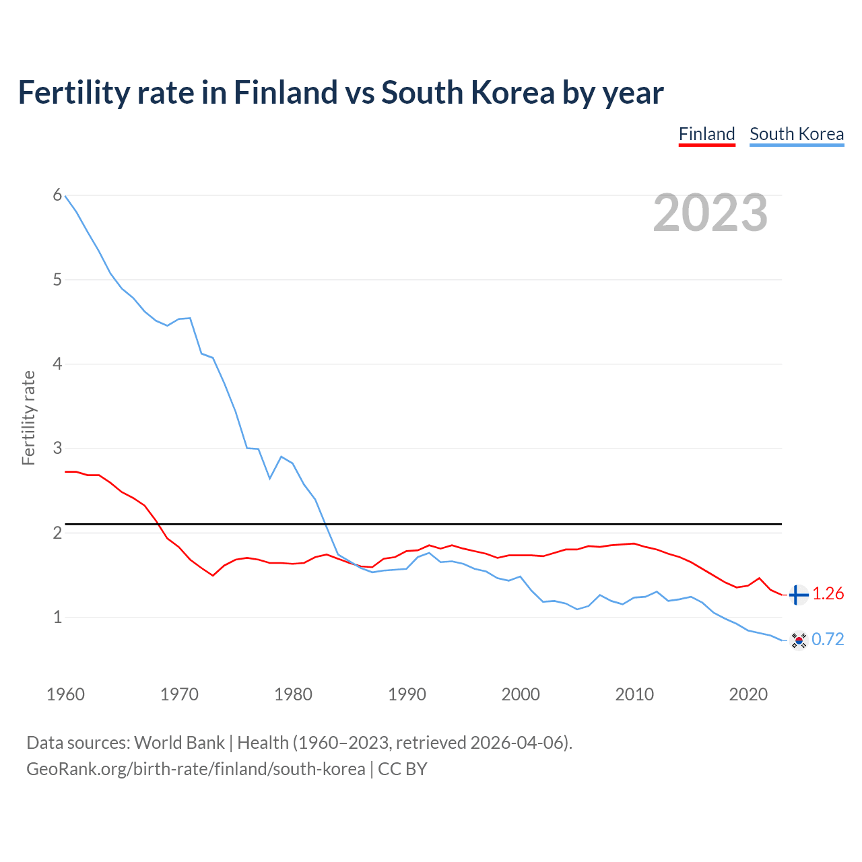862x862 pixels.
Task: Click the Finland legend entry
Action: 706,134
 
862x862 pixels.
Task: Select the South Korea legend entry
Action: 797,134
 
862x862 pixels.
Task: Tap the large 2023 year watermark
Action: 710,213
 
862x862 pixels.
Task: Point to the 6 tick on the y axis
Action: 57,195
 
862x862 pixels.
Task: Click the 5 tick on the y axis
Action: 57,279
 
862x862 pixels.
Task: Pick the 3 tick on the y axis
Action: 57,448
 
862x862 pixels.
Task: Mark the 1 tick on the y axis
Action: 57,617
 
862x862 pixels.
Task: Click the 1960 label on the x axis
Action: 65,694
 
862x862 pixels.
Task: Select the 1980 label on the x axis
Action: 293,694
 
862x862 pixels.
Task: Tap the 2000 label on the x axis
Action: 521,694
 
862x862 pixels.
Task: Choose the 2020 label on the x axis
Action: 748,694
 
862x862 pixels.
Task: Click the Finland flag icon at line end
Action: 798,595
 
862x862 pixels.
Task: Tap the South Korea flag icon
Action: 799,640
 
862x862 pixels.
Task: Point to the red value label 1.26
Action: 828,593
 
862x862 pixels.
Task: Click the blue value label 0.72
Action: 828,639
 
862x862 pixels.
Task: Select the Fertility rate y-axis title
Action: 28,418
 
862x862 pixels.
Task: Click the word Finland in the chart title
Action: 285,92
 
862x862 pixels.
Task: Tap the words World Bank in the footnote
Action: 179,743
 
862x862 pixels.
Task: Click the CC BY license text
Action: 403,769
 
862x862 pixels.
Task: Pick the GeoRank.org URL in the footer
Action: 195,769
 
